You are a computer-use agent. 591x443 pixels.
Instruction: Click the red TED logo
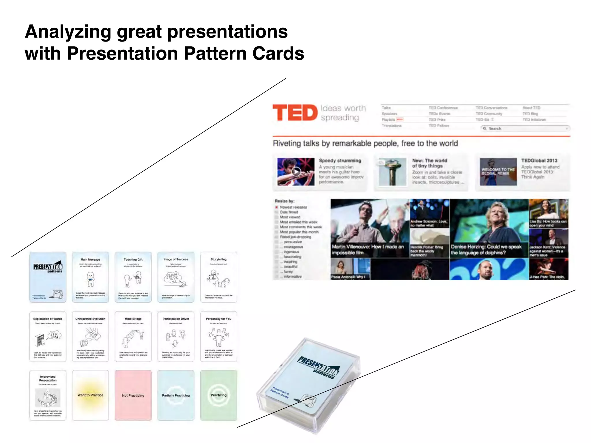click(x=295, y=112)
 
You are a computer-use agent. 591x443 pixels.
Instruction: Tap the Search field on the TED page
click(x=525, y=129)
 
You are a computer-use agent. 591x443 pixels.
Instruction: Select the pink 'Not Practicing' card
click(x=133, y=395)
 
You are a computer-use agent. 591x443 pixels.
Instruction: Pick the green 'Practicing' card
click(x=218, y=395)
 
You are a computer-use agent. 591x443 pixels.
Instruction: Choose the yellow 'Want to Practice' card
click(x=90, y=395)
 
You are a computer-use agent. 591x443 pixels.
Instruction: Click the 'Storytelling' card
click(x=218, y=277)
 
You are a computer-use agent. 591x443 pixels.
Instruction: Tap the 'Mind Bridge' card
click(x=133, y=336)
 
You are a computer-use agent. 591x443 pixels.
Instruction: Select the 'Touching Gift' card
click(x=133, y=277)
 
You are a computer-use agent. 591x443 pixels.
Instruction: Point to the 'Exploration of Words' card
click(x=48, y=336)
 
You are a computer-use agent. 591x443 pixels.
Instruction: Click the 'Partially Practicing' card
click(x=176, y=395)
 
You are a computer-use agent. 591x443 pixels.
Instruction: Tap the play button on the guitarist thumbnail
click(x=296, y=172)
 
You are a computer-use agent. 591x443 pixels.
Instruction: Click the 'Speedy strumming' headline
click(x=340, y=161)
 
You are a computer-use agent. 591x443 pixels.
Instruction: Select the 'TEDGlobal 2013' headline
click(x=539, y=161)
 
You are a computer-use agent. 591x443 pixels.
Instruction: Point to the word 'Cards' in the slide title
click(x=278, y=54)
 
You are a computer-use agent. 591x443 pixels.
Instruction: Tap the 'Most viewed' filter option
click(x=290, y=217)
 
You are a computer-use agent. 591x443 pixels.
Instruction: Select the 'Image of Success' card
click(x=176, y=277)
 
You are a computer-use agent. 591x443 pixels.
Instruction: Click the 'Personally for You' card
click(x=218, y=336)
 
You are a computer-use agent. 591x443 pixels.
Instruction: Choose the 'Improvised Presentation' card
click(x=48, y=395)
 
